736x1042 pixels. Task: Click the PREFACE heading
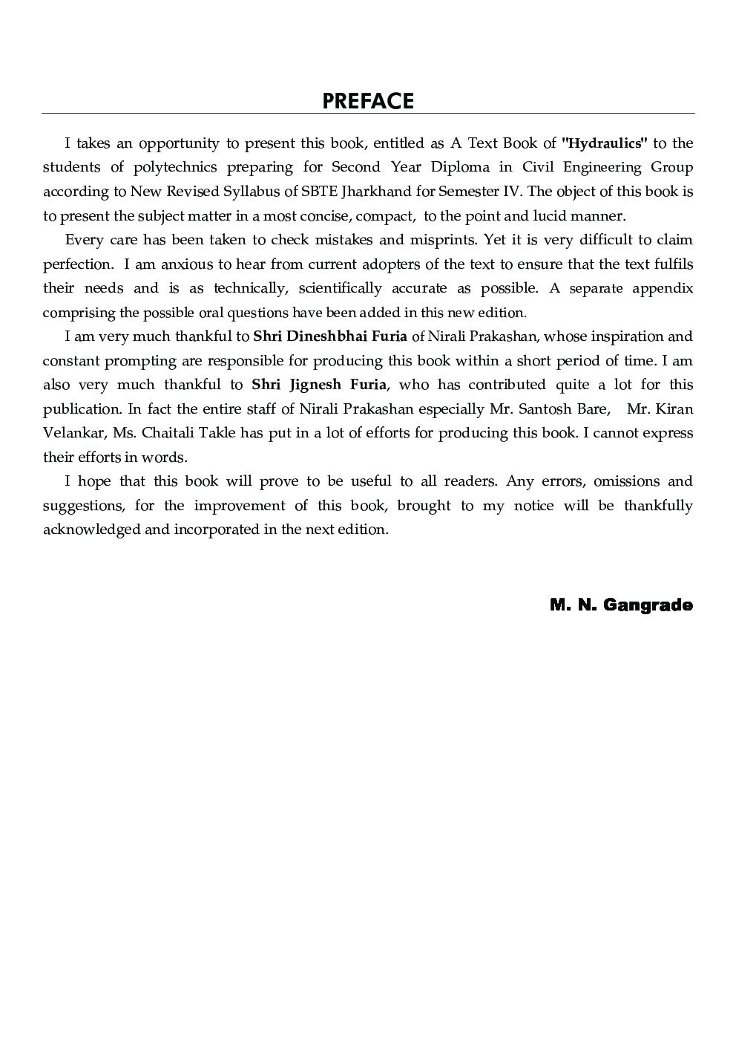pyautogui.click(x=368, y=101)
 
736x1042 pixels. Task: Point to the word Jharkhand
pyautogui.click(x=377, y=192)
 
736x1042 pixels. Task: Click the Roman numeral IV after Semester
pyautogui.click(x=513, y=192)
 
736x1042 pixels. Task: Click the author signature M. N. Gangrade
pyautogui.click(x=621, y=605)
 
